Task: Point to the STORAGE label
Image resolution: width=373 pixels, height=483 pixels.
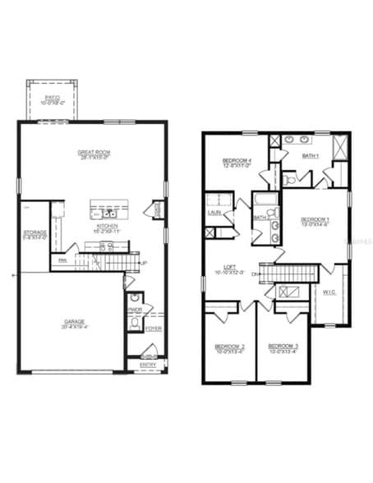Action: click(x=35, y=232)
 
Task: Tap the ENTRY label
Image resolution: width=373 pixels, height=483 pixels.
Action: click(x=148, y=364)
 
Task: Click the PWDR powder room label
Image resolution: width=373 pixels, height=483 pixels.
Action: click(x=136, y=310)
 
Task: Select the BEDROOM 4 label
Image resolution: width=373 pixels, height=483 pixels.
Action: click(x=237, y=160)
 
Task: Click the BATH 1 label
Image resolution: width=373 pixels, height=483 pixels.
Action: click(x=310, y=155)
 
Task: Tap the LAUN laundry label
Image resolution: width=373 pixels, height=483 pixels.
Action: click(x=214, y=213)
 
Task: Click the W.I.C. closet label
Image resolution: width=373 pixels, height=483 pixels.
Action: click(x=329, y=292)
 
